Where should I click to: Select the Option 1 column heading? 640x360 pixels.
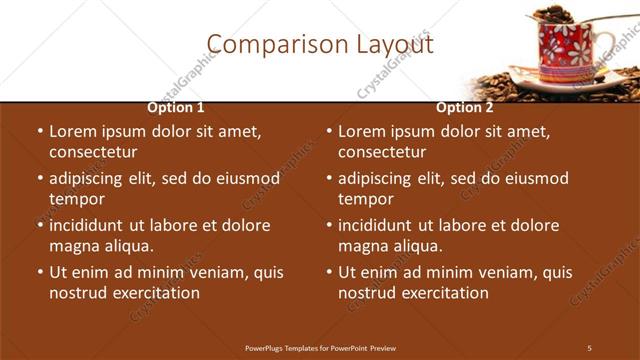(x=176, y=108)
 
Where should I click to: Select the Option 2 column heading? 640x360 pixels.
(x=465, y=108)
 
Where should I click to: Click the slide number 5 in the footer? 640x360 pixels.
(x=589, y=347)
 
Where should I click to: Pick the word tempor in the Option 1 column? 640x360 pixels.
(x=77, y=199)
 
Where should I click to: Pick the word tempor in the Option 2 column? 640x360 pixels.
(x=366, y=199)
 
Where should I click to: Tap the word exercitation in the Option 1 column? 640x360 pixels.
(x=156, y=293)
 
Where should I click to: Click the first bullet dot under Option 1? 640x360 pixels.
(x=39, y=131)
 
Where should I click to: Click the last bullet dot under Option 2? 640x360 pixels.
(x=328, y=272)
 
